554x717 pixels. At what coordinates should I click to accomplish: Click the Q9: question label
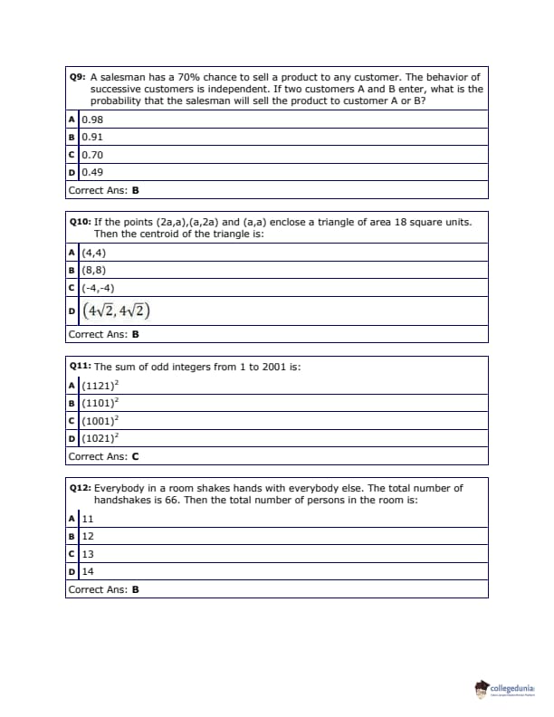click(x=79, y=78)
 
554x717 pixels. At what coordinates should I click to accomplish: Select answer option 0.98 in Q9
click(x=91, y=119)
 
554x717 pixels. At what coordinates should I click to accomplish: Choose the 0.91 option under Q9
click(x=91, y=137)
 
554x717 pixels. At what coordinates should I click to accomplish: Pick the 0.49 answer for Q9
click(x=91, y=172)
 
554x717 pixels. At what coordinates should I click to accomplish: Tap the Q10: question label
click(x=81, y=222)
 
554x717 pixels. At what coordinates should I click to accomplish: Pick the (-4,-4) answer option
click(x=97, y=287)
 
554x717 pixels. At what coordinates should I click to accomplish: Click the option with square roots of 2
click(x=116, y=311)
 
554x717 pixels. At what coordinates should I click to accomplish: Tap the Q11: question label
click(x=81, y=367)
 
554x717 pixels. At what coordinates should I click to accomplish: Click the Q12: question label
click(x=81, y=487)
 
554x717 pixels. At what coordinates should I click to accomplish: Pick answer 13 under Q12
click(x=88, y=554)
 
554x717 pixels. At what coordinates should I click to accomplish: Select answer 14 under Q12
click(x=88, y=571)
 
